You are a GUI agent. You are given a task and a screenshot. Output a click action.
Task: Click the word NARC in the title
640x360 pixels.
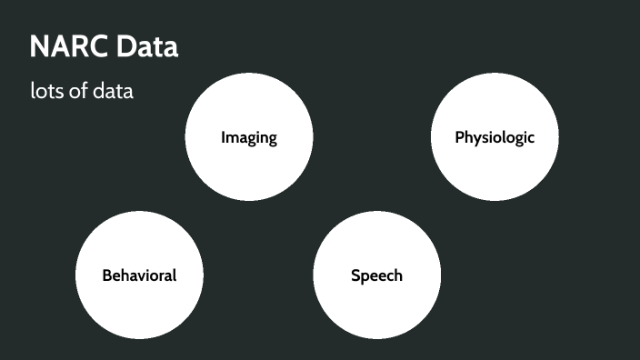69,47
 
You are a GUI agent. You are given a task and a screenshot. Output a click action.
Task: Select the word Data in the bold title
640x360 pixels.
146,47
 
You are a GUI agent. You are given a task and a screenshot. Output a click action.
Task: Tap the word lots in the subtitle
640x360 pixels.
46,92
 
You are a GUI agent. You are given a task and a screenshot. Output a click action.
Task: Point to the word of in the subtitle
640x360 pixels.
77,92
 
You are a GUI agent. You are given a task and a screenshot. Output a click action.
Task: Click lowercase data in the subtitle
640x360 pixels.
113,92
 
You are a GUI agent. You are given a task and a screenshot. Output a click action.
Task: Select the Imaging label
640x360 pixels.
248,138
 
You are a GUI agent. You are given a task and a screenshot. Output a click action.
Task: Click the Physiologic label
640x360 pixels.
495,138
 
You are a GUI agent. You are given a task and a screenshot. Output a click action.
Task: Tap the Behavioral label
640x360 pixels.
139,275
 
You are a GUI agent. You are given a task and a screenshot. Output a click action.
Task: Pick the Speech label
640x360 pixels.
376,275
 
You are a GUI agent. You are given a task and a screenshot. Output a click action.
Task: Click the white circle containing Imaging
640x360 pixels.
248,168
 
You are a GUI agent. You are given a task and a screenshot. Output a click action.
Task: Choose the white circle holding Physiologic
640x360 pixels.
495,173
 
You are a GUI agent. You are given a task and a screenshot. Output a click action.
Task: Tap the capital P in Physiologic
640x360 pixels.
459,138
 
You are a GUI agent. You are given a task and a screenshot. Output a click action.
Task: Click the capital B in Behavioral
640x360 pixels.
106,275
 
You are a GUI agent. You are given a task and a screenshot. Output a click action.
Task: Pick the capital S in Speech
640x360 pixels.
355,275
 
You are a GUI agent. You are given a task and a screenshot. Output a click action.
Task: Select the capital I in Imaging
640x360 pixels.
224,138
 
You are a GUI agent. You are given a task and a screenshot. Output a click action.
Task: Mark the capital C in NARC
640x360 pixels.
99,47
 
